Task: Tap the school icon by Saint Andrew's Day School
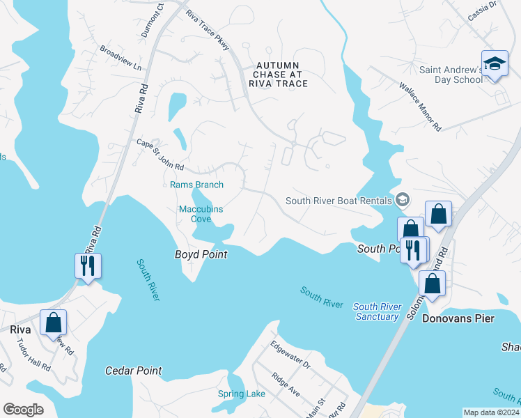pos(495,65)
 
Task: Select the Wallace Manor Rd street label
pos(420,108)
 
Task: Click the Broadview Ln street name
pos(120,59)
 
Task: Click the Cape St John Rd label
pos(160,155)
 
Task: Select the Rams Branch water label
pos(197,185)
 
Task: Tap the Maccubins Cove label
pos(195,212)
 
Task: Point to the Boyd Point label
pos(201,255)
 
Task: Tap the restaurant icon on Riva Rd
pos(88,266)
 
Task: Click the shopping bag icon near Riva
pos(54,323)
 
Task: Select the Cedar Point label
pos(133,371)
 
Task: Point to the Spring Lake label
pos(241,394)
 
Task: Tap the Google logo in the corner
pos(24,409)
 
